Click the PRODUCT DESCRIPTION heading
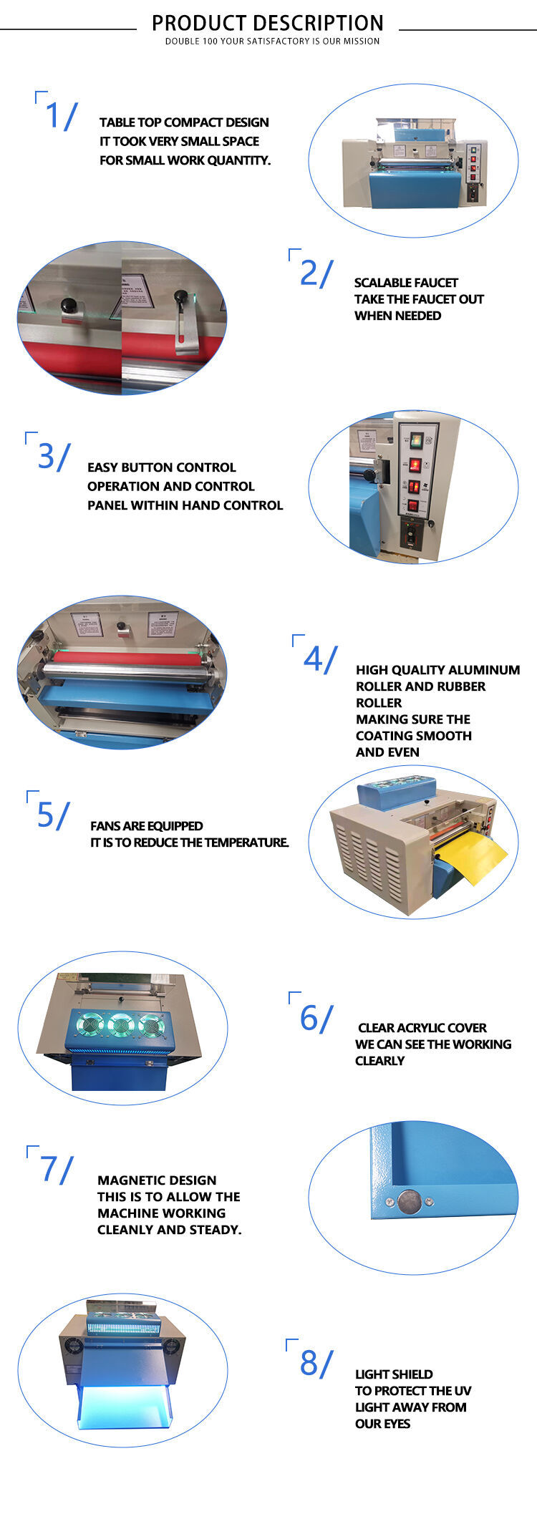[x=268, y=23]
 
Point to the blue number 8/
[x=316, y=1363]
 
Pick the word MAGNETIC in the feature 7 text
[x=127, y=1180]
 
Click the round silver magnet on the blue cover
[x=409, y=1200]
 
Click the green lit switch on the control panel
[x=415, y=440]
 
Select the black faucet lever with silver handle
[x=183, y=315]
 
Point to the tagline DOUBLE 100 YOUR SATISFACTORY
[x=272, y=42]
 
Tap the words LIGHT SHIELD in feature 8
[x=394, y=1374]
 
